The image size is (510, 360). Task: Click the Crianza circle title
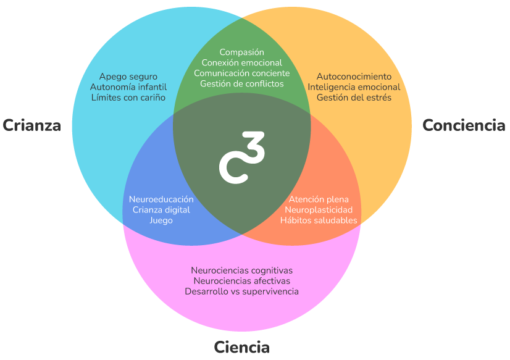(32, 125)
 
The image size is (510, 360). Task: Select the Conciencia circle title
(464, 125)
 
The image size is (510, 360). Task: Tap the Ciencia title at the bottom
(241, 347)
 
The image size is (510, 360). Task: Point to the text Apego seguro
(128, 77)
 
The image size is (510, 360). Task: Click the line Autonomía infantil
(128, 87)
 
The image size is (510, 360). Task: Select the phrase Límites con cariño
(128, 98)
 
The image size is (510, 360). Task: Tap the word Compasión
(241, 52)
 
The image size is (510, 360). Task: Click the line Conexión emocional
(241, 63)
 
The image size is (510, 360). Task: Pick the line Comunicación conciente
(241, 73)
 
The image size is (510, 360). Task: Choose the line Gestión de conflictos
(241, 83)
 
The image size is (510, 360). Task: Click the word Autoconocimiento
(354, 77)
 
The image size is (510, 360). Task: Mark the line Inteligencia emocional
(354, 87)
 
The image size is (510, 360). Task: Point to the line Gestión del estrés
(354, 98)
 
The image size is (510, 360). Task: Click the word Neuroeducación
(161, 199)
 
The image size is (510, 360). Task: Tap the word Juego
(161, 220)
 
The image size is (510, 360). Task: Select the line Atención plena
(319, 199)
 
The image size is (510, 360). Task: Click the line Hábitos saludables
(319, 220)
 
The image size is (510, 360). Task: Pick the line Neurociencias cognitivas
(241, 270)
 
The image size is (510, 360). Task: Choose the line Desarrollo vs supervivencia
(241, 291)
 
